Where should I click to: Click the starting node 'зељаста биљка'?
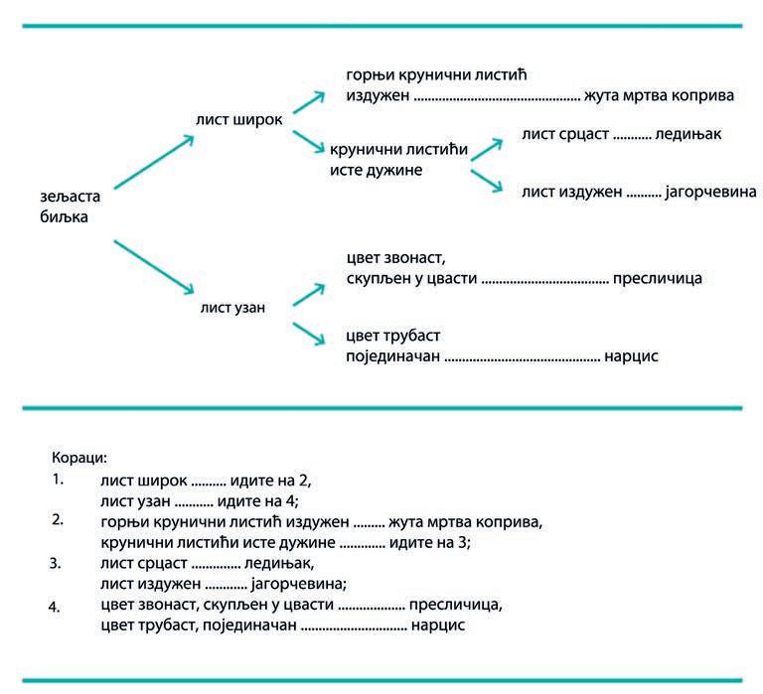coord(66,207)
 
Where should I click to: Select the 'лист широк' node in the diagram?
coord(239,119)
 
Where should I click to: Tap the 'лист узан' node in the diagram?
coord(233,308)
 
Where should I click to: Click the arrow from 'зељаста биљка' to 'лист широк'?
coord(153,162)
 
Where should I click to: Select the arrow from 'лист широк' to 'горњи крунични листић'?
coord(309,103)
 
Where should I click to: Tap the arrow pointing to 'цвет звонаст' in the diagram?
coord(309,293)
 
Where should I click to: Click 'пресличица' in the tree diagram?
coord(658,278)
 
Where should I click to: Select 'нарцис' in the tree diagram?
coord(632,354)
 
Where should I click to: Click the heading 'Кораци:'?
coord(78,459)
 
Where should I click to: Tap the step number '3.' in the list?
coord(57,563)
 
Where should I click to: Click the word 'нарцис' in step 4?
coord(438,625)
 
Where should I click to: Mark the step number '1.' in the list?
coord(57,480)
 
